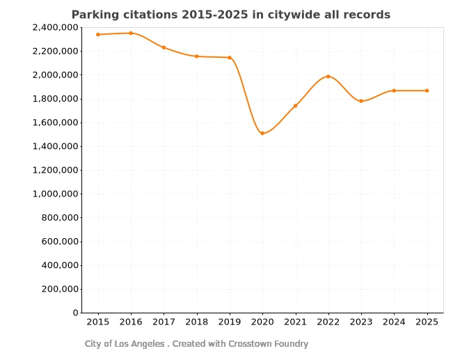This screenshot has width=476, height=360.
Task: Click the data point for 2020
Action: [x=262, y=133]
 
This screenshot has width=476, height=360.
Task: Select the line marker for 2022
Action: [x=328, y=77]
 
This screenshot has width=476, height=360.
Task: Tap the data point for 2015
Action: [x=98, y=34]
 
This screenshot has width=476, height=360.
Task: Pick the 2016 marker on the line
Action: [x=131, y=33]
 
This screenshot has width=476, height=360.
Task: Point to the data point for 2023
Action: [x=361, y=101]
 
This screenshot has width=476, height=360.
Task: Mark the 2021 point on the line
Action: [x=295, y=106]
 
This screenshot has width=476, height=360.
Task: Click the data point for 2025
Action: [x=427, y=91]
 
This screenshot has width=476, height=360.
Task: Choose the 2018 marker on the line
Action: [x=197, y=56]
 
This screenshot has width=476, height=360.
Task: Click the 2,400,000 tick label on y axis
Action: [x=55, y=27]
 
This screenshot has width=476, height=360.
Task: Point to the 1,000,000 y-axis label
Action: [x=55, y=194]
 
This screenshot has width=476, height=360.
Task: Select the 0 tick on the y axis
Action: [x=75, y=313]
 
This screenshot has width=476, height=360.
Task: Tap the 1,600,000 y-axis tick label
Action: [x=55, y=123]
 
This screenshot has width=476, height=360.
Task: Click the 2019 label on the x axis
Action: [x=230, y=322]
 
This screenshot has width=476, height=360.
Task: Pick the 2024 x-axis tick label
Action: [x=394, y=322]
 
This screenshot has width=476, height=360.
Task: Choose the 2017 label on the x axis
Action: [x=164, y=322]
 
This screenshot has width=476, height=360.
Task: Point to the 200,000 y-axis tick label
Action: [x=58, y=289]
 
